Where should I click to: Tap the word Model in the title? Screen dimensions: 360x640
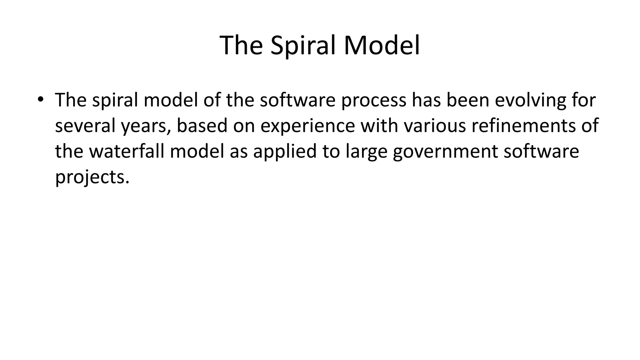[382, 46]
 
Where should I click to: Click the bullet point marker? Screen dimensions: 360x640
[40, 100]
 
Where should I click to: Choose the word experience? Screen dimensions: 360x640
[308, 126]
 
